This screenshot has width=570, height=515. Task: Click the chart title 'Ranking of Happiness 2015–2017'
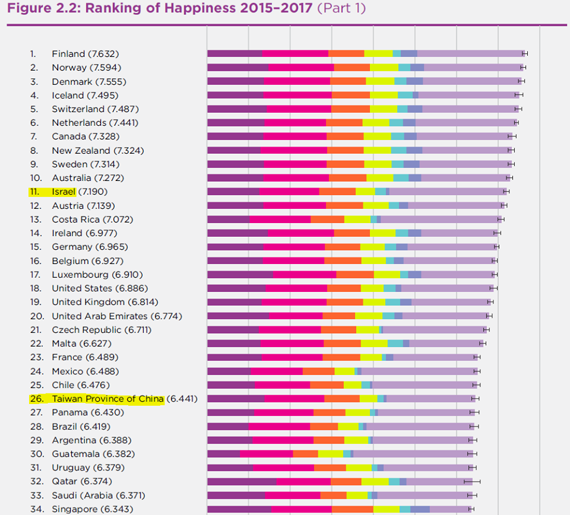[198, 8]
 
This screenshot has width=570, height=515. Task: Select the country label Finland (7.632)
[85, 54]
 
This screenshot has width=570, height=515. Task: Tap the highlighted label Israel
[64, 192]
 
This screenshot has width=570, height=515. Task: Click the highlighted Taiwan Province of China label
[107, 399]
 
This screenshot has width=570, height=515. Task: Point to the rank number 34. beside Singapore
[37, 509]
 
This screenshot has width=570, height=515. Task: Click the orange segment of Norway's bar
[352, 68]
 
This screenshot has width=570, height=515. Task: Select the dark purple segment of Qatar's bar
[242, 482]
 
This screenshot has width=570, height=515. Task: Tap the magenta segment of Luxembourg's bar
[305, 275]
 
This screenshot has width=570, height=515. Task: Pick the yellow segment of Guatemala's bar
[331, 454]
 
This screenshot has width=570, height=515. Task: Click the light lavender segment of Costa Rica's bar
[441, 220]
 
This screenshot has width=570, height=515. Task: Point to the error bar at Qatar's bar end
[472, 482]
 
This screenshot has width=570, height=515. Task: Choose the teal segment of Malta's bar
[395, 344]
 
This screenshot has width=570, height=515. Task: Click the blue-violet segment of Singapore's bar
[420, 509]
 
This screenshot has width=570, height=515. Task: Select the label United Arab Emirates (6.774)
[117, 316]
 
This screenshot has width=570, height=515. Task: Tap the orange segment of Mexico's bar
[318, 371]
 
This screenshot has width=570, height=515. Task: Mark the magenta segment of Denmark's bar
[297, 81]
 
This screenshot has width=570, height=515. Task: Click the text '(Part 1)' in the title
[341, 8]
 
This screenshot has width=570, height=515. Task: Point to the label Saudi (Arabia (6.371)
[99, 495]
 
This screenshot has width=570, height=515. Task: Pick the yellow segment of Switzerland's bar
[384, 109]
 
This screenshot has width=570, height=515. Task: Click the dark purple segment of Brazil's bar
[228, 427]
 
